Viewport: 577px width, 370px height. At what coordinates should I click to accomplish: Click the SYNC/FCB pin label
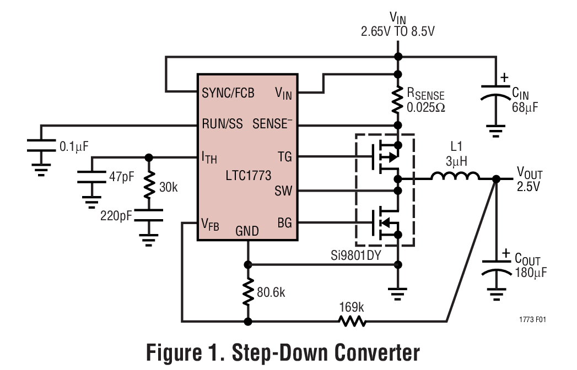coord(228,93)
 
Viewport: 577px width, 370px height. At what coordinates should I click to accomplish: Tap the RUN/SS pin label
coord(222,124)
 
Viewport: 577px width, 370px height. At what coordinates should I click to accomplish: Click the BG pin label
coord(284,223)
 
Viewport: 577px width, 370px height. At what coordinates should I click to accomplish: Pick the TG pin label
coord(284,157)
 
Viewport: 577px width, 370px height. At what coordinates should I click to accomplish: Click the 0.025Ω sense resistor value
coord(425,107)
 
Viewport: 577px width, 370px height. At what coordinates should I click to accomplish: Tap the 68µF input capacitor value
coord(525,107)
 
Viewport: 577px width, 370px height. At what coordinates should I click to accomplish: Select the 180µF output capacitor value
coord(531,273)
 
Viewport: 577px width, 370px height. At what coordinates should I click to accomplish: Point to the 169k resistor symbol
coord(352,320)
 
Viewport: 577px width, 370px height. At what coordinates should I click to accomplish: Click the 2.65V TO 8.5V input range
coord(398,31)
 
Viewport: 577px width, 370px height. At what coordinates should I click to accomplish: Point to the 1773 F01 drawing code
coord(532,319)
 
